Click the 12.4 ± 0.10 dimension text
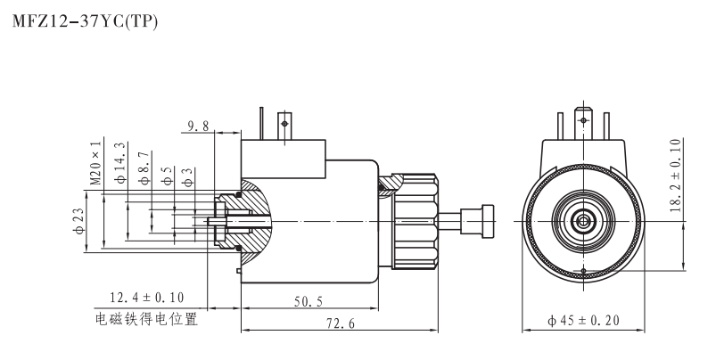(x=146, y=296)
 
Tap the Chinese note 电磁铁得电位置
(x=147, y=318)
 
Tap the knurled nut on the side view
(x=412, y=219)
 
